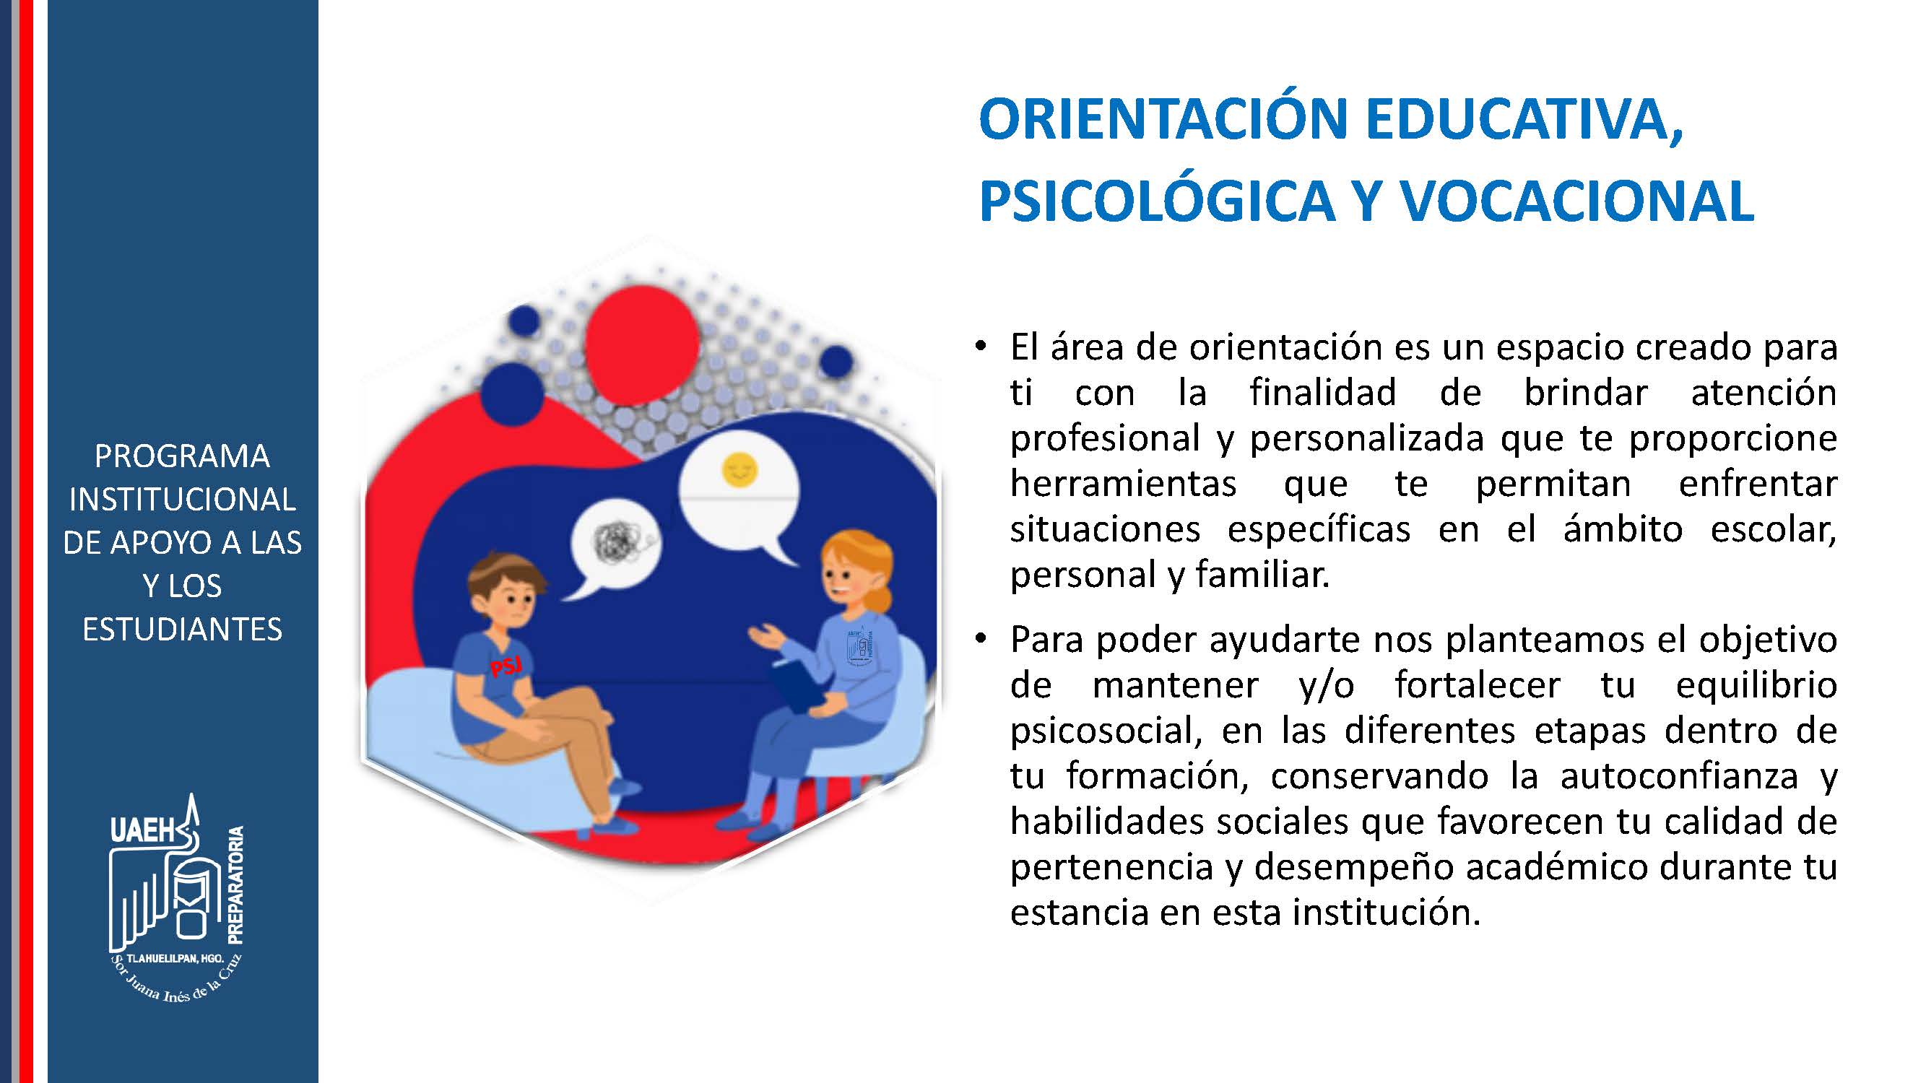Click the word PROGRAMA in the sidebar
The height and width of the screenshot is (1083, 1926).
tap(182, 456)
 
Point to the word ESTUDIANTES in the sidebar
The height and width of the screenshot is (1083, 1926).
tap(183, 630)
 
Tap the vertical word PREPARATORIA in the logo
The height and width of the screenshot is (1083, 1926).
tap(235, 884)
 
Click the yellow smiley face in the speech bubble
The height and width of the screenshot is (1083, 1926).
tap(739, 470)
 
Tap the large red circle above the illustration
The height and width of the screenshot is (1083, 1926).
tap(642, 344)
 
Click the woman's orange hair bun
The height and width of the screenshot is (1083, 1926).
tap(882, 598)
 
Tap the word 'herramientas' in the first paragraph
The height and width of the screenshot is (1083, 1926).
tap(1124, 483)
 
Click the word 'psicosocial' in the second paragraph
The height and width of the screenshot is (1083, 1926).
tap(1104, 730)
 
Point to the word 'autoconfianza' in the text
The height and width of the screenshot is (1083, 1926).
tap(1679, 776)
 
